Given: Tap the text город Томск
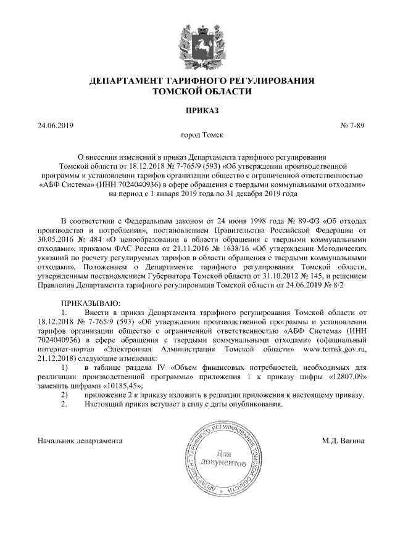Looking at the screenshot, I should pos(197,134).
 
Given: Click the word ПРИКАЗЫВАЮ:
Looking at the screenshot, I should pos(91,303).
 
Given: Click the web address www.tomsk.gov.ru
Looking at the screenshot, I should pos(334,350).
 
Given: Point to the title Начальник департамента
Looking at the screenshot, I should pos(80,441).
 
